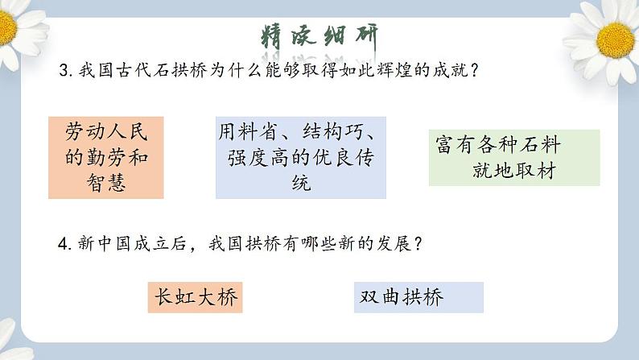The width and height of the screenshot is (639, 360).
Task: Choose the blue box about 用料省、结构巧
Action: tap(300, 157)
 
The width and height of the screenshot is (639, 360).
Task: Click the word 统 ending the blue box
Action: tap(300, 184)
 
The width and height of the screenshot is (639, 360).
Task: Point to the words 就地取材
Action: tap(515, 172)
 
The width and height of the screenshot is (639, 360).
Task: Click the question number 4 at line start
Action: tap(64, 244)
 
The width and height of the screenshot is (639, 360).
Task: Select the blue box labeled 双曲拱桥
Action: tap(418, 297)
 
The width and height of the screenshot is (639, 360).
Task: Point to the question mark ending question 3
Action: tap(476, 71)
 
